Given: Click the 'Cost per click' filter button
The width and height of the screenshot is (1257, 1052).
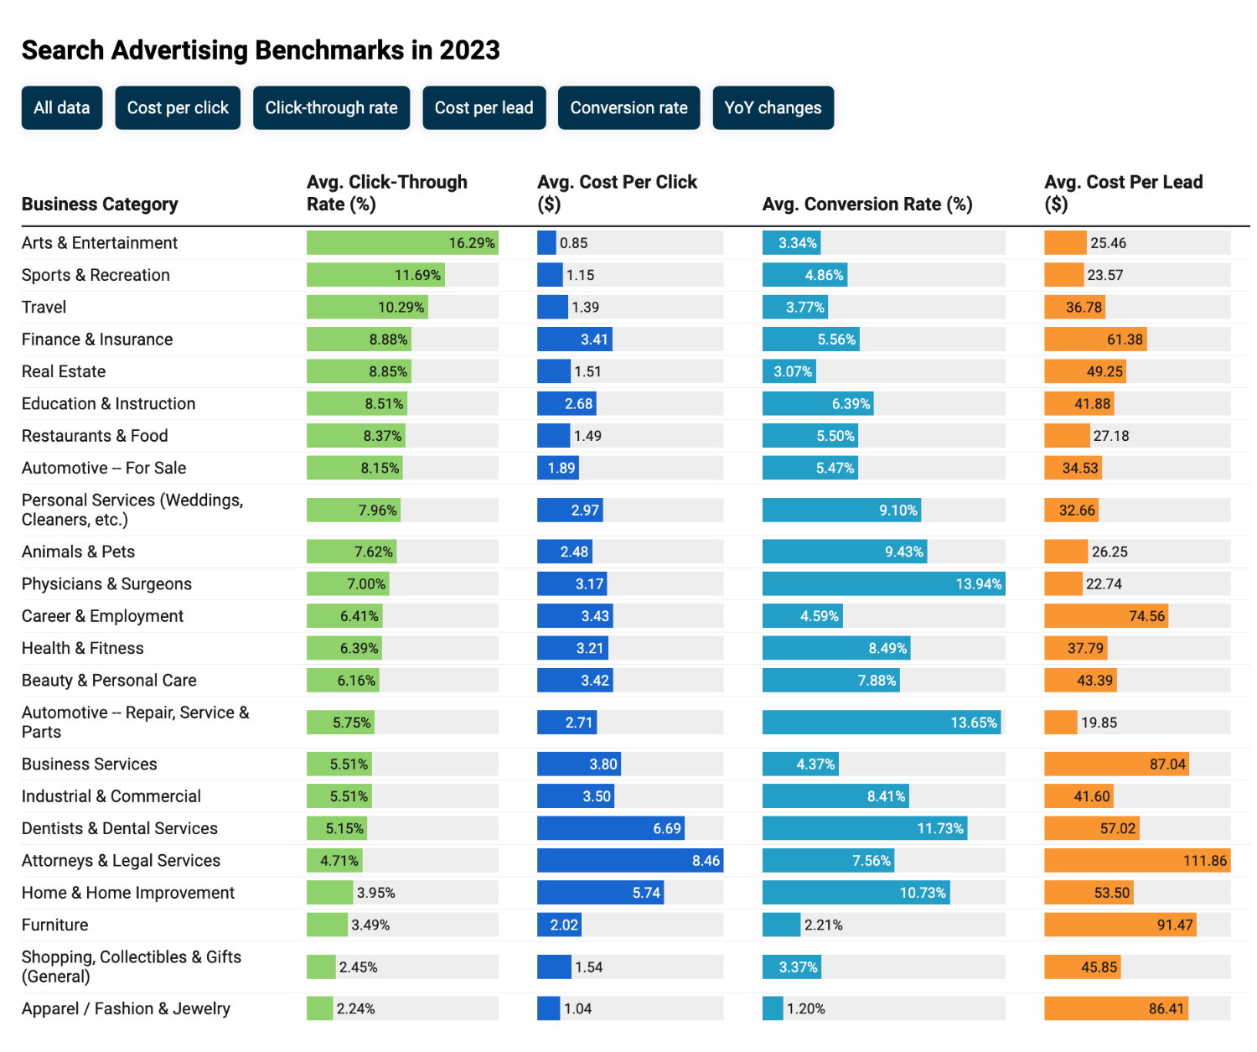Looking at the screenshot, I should point(178,108).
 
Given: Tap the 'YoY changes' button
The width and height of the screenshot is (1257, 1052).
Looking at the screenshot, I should point(773,108).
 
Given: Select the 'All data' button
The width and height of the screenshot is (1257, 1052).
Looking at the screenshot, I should point(62,108).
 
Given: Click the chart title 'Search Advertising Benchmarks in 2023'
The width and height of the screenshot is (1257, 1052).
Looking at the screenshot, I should point(261,50).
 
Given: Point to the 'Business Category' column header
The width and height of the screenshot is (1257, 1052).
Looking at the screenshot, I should point(100,205).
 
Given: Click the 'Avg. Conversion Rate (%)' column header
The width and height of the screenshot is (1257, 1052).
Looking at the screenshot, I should point(867,205).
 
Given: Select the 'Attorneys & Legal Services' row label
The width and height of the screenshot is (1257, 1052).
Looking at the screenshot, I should point(121,861).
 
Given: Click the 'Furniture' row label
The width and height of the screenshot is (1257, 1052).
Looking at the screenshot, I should point(55,925).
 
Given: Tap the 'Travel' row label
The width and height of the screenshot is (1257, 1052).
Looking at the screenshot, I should point(44,308).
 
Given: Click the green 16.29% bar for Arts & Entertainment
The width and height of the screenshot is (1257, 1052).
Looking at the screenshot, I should point(402,243).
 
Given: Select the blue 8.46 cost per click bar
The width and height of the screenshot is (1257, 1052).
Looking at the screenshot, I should point(629,861).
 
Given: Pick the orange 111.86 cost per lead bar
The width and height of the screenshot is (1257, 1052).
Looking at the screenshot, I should point(1136,861).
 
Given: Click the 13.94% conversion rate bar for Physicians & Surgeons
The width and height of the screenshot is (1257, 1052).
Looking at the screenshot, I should point(883,584).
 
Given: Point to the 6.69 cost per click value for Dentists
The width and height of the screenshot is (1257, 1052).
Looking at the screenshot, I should point(667,829).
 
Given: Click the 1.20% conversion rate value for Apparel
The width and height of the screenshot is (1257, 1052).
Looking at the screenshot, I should point(806,1009).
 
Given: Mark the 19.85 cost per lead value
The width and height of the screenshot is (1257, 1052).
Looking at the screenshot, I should point(1099,723).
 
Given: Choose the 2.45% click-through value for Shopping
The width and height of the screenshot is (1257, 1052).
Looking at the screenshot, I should point(359,967).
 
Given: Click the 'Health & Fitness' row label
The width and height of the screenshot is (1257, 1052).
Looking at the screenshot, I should point(82,649).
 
